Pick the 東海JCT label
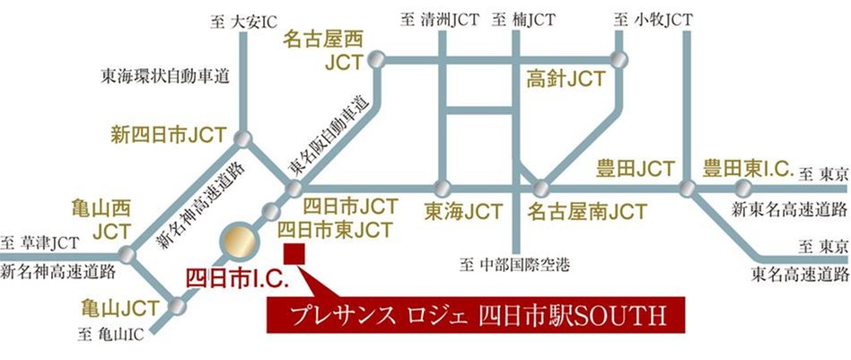[462, 213]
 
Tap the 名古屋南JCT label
[586, 213]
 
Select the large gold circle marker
[240, 241]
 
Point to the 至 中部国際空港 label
[514, 265]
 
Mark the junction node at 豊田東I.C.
[743, 189]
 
